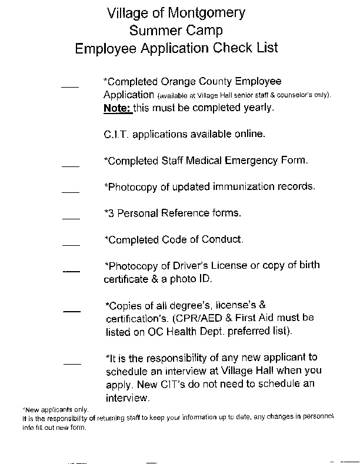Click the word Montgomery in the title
point(205,13)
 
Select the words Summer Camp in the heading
point(176,30)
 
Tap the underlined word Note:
point(117,108)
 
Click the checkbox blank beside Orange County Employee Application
point(70,86)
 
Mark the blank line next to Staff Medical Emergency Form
point(71,166)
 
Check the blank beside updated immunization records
point(71,192)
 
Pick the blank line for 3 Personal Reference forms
point(71,218)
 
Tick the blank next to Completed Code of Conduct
point(71,245)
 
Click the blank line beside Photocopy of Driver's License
point(71,271)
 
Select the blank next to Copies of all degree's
point(71,310)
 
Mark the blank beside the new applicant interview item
point(72,363)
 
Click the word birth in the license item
point(308,265)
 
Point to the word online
point(249,134)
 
